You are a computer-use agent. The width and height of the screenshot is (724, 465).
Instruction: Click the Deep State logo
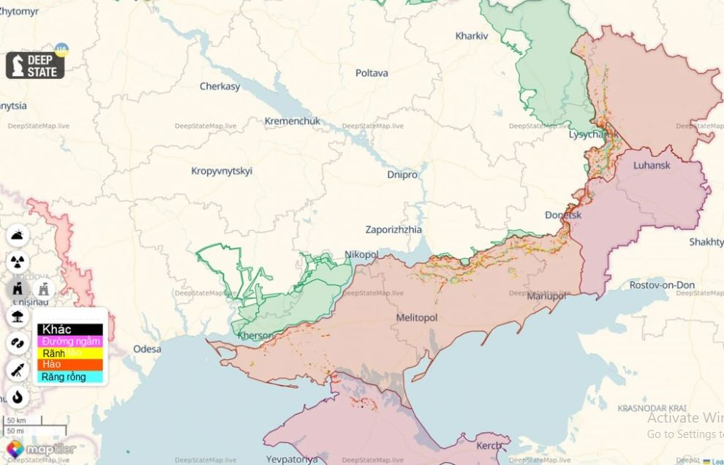[x=35, y=66]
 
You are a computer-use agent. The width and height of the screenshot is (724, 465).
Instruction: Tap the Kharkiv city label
[x=471, y=36]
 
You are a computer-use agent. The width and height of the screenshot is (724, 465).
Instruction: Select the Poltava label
[x=372, y=73]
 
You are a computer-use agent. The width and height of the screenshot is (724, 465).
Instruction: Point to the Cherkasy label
[x=219, y=86]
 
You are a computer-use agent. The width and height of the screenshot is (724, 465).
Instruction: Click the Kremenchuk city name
[x=292, y=121]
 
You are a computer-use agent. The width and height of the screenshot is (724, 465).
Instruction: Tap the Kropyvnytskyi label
[x=222, y=171]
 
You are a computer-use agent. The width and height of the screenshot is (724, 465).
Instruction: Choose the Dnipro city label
[x=402, y=175]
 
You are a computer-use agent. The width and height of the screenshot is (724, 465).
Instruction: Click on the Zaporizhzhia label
[x=393, y=230]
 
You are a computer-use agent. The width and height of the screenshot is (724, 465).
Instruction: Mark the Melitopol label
[x=416, y=318]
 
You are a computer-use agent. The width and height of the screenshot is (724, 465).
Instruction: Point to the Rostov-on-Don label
[x=662, y=285]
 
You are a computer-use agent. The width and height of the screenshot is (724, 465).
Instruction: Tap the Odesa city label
[x=147, y=349]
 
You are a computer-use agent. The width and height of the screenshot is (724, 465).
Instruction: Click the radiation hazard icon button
[x=18, y=262]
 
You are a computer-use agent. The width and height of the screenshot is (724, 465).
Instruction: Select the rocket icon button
[x=18, y=370]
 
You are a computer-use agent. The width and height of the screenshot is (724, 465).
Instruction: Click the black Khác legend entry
[x=70, y=329]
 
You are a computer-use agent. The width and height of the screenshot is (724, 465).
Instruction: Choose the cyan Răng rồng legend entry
[x=70, y=377]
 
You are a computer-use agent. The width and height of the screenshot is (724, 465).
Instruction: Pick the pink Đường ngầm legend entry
[x=70, y=341]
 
